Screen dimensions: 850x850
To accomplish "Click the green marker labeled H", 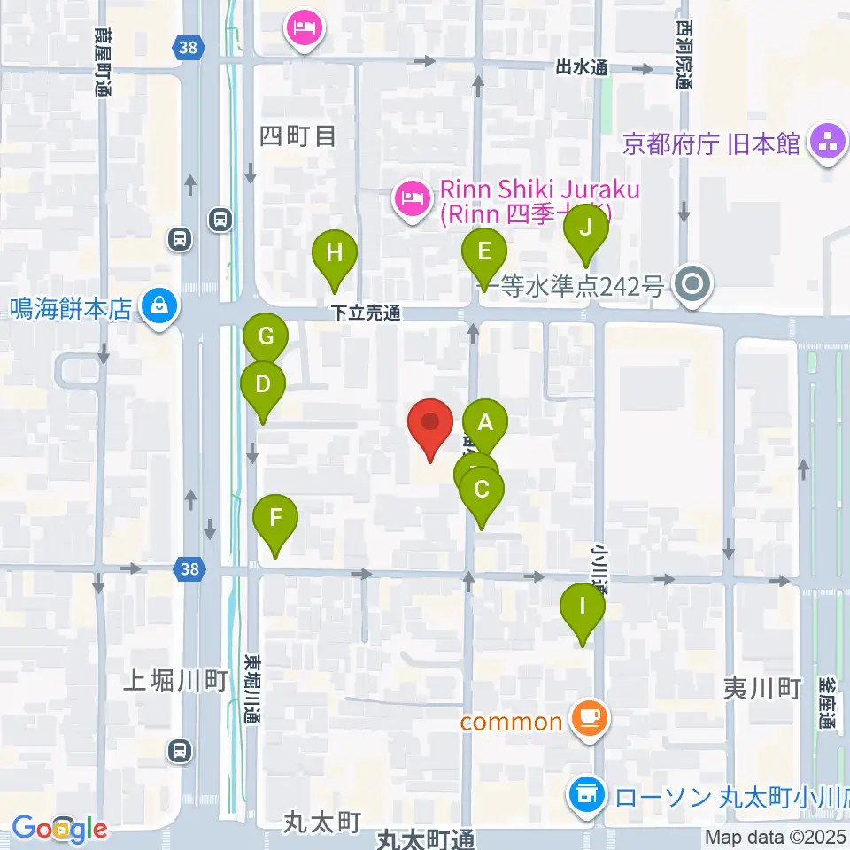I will click(x=334, y=254).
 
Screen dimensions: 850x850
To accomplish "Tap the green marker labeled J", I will click(x=586, y=228).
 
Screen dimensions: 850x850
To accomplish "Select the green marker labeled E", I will click(x=483, y=251).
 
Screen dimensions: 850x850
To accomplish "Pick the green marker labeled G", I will click(x=266, y=336).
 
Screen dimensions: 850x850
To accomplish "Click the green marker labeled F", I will click(x=275, y=518).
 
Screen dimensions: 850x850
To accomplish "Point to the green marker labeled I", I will click(x=583, y=607).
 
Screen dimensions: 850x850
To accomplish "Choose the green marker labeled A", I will click(x=484, y=422).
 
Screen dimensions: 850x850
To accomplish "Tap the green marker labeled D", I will click(x=263, y=384).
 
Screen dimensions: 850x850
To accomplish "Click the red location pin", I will click(x=430, y=421).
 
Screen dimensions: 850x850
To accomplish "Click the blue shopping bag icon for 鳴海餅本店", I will click(x=159, y=307).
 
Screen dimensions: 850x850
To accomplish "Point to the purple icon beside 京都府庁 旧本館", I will click(x=830, y=143).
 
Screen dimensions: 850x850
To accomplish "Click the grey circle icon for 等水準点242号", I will click(x=693, y=285).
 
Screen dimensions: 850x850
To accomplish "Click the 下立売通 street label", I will click(x=367, y=313).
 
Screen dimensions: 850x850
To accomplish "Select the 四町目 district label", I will click(x=298, y=136).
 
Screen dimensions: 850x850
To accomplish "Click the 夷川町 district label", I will click(x=761, y=688).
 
